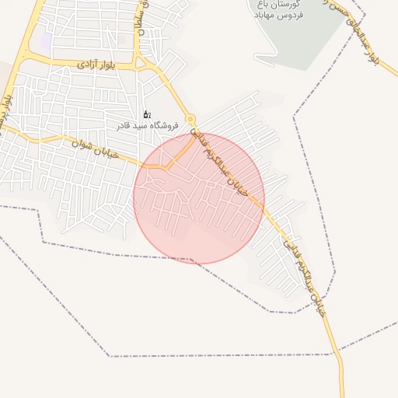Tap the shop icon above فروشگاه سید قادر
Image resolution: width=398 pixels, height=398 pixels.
[147, 115]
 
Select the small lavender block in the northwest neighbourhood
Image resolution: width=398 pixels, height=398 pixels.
[46, 40]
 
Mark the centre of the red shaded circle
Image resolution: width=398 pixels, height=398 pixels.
[199, 198]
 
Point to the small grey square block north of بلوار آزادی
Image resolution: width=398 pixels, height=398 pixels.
[122, 40]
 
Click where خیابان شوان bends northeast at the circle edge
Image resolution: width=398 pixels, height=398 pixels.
[165, 166]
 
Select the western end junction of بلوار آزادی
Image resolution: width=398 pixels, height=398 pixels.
[24, 60]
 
